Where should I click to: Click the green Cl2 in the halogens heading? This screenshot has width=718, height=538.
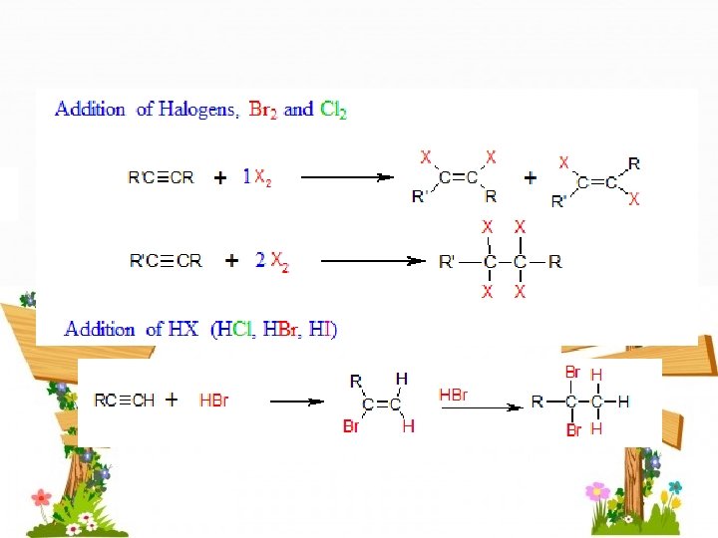pos(333,110)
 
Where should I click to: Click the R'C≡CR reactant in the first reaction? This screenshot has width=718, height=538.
pos(162,178)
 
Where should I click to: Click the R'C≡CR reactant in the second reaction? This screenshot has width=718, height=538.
pos(166,261)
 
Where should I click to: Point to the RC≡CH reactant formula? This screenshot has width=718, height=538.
pos(125,401)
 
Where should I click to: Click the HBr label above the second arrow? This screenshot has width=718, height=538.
pos(454,395)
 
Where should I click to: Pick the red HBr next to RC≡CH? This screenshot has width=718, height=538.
pos(213,401)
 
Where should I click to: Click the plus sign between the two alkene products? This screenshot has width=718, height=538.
pos(530,177)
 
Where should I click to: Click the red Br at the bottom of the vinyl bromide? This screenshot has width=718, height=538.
pos(351,426)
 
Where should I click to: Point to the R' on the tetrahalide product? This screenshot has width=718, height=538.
pos(447,262)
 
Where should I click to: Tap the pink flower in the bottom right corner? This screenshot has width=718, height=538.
pos(597,490)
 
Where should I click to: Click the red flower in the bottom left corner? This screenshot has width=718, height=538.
pos(41,496)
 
